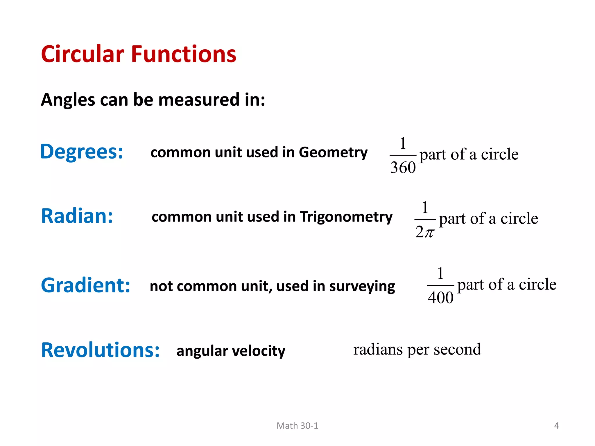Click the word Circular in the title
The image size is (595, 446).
click(83, 54)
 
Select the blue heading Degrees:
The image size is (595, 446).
click(82, 152)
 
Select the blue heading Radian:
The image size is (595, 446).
click(77, 216)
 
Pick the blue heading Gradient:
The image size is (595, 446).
click(85, 285)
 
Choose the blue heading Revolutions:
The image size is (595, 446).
click(100, 350)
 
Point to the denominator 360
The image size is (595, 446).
click(403, 168)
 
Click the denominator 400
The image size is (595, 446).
click(440, 298)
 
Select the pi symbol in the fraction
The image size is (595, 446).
click(429, 232)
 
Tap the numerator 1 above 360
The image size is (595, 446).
click(403, 143)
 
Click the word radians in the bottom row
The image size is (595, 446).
click(378, 349)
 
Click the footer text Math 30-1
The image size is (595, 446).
click(297, 426)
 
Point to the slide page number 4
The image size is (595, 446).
click(556, 426)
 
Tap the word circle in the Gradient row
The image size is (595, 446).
click(537, 284)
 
